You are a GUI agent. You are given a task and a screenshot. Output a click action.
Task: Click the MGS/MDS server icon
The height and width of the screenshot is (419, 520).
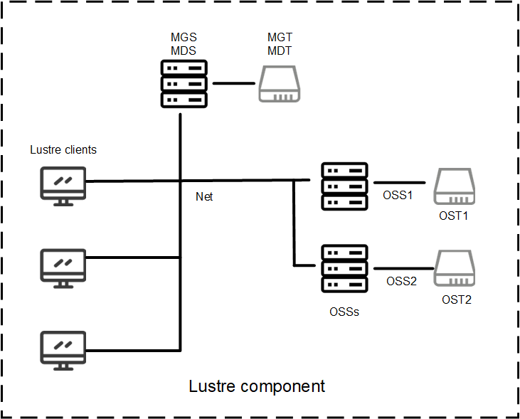(x=184, y=83)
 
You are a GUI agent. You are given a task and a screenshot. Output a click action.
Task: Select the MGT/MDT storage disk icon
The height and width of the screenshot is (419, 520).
(x=280, y=84)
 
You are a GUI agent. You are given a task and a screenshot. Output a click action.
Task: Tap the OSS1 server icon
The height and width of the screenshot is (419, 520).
(x=344, y=185)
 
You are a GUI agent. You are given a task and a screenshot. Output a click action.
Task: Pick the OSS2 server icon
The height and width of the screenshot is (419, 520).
(x=344, y=268)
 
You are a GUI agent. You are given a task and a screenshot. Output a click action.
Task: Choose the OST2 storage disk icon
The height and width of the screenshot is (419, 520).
(x=455, y=269)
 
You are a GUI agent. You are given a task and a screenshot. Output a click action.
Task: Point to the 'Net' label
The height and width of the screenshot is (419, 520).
(x=204, y=197)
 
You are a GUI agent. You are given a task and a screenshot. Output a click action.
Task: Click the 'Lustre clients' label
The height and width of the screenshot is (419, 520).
(x=63, y=150)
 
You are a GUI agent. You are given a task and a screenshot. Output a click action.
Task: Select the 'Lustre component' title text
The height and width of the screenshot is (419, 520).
(x=257, y=386)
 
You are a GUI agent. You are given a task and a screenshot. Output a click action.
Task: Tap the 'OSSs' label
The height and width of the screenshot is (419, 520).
(x=344, y=311)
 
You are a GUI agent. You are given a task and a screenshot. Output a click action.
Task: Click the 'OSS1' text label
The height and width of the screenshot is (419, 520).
(x=398, y=195)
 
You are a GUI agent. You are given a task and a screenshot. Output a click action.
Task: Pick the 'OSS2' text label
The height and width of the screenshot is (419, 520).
(x=400, y=280)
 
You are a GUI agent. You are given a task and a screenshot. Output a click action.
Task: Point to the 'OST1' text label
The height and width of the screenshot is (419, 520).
(x=454, y=216)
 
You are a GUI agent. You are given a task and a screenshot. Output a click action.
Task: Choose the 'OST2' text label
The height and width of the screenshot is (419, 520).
(x=457, y=299)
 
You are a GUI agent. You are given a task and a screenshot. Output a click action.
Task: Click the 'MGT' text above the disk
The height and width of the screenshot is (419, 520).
(x=280, y=36)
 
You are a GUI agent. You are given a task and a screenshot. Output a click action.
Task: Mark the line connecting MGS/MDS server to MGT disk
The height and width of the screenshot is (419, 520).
(x=233, y=83)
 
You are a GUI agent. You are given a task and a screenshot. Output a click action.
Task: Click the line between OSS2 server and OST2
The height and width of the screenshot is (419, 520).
(x=400, y=268)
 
